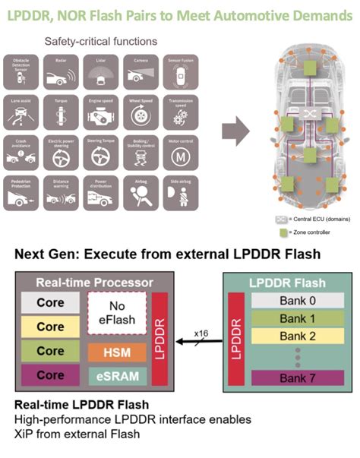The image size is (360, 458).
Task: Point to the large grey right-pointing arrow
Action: pyautogui.click(x=239, y=131)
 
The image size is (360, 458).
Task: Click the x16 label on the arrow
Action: pyautogui.click(x=201, y=334)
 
